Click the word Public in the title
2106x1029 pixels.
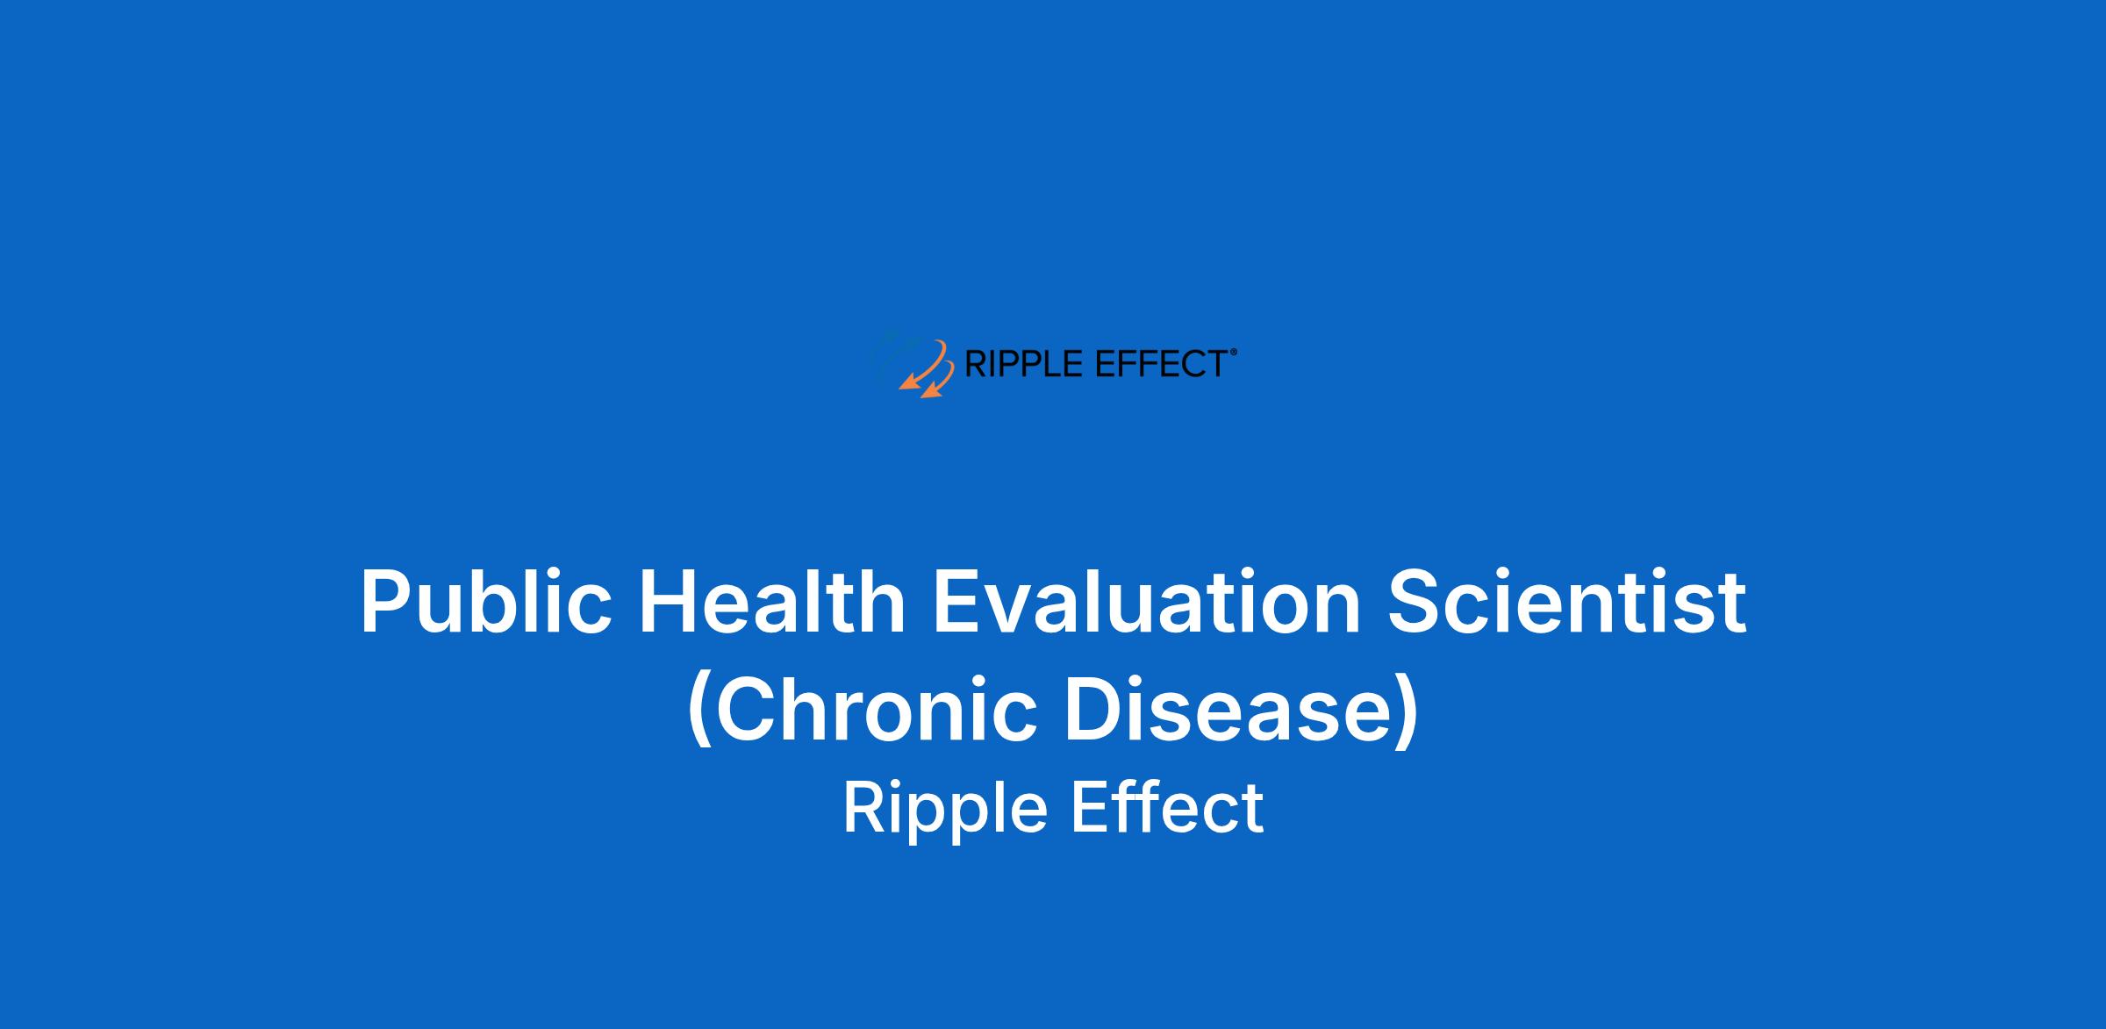click(486, 602)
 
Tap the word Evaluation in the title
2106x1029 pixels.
click(1146, 601)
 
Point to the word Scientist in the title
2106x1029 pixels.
click(1567, 601)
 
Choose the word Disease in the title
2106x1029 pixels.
click(1228, 709)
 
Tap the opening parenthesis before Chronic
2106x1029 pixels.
click(699, 711)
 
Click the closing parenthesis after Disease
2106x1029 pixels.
click(1407, 711)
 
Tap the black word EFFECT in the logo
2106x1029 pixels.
click(1161, 363)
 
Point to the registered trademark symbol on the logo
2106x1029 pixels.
click(1234, 352)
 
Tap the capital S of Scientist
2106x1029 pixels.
click(1415, 601)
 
